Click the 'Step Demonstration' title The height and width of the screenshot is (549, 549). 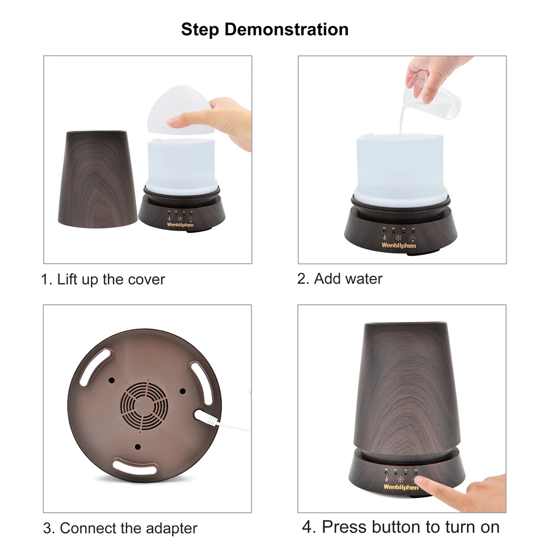pyautogui.click(x=265, y=29)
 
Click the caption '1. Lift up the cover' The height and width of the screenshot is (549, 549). pyautogui.click(x=103, y=279)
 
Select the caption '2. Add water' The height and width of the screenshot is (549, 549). pyautogui.click(x=340, y=279)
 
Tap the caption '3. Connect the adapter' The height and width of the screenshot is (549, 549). pyautogui.click(x=120, y=528)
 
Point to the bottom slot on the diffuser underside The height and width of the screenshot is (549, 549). pyautogui.click(x=133, y=466)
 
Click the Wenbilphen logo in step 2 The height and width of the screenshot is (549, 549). pyautogui.click(x=398, y=245)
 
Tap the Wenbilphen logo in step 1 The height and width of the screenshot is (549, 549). pyautogui.click(x=180, y=225)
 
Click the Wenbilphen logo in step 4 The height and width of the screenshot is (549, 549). pyautogui.click(x=400, y=487)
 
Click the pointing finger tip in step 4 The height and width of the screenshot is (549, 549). pyautogui.click(x=421, y=482)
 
